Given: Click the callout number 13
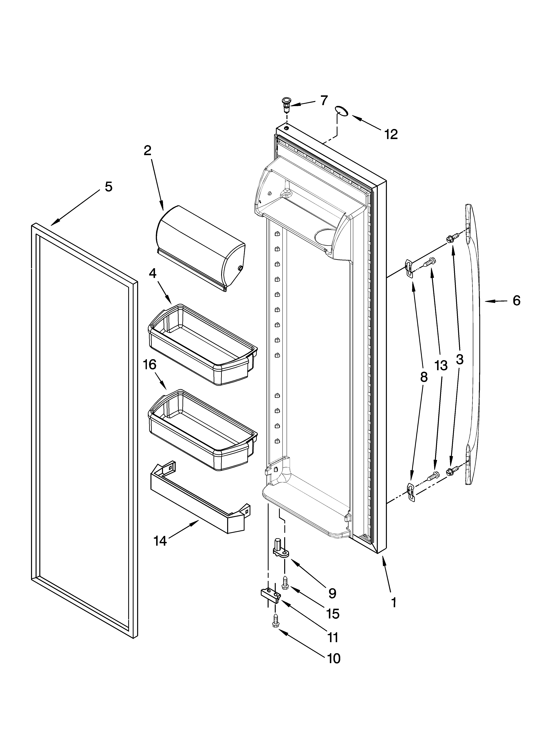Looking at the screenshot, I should coord(441,366).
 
